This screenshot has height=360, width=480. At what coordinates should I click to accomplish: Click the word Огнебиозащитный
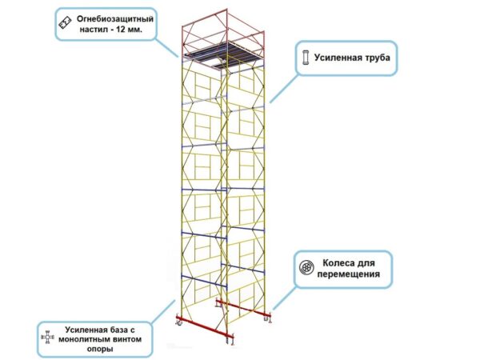[x=114, y=19]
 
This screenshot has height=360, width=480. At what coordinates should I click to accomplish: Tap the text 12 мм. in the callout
[x=129, y=30]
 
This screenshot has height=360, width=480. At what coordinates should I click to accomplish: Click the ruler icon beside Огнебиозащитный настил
[x=65, y=23]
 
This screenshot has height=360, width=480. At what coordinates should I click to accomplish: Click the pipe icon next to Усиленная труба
[x=306, y=58]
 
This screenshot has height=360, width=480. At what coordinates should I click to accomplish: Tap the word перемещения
[x=349, y=274]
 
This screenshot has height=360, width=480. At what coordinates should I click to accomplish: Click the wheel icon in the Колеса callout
[x=306, y=268]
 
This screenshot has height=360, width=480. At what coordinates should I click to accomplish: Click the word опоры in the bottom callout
[x=100, y=350]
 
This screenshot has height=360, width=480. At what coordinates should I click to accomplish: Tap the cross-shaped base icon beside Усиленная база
[x=47, y=338]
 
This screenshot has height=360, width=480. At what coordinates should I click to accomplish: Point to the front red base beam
[x=205, y=327]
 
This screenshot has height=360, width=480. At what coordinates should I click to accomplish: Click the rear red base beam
[x=244, y=308]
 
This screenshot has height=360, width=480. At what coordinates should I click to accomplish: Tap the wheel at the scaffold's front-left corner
[x=178, y=322]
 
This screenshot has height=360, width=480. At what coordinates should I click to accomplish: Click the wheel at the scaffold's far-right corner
[x=266, y=319]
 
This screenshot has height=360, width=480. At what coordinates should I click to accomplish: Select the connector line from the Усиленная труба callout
[x=283, y=89]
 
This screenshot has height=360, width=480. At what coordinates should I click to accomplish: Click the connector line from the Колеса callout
[x=284, y=298]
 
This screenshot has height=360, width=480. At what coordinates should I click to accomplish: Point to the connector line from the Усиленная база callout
[x=163, y=311]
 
